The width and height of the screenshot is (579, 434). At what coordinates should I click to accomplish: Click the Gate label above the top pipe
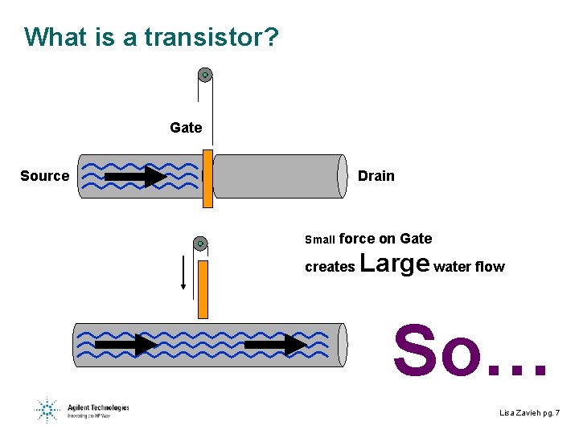[x=186, y=127]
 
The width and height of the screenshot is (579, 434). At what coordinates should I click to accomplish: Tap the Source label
[x=45, y=176]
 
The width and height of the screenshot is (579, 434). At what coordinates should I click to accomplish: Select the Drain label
[x=376, y=176]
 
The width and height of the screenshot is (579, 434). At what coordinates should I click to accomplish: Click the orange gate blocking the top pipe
[x=207, y=178]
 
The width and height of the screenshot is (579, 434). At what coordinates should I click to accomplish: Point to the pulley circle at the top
[x=205, y=76]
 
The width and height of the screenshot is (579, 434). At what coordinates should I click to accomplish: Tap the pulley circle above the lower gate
[x=200, y=243]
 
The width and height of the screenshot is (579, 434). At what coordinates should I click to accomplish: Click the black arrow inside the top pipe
[x=136, y=176]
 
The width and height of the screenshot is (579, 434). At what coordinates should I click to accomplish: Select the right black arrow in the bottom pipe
[x=275, y=345]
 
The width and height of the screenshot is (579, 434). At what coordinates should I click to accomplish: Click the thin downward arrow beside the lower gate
[x=184, y=272]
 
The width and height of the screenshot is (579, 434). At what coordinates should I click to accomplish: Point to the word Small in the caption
[x=320, y=240]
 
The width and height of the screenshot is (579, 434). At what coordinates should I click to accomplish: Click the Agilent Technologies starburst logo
[x=47, y=410]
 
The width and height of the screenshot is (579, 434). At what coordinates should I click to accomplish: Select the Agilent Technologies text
[x=97, y=407]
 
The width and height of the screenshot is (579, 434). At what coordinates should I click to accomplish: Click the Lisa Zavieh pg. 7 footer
[x=529, y=412]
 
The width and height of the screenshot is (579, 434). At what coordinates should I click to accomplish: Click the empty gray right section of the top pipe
[x=277, y=176]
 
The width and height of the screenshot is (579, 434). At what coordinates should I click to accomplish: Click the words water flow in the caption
[x=469, y=267]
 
